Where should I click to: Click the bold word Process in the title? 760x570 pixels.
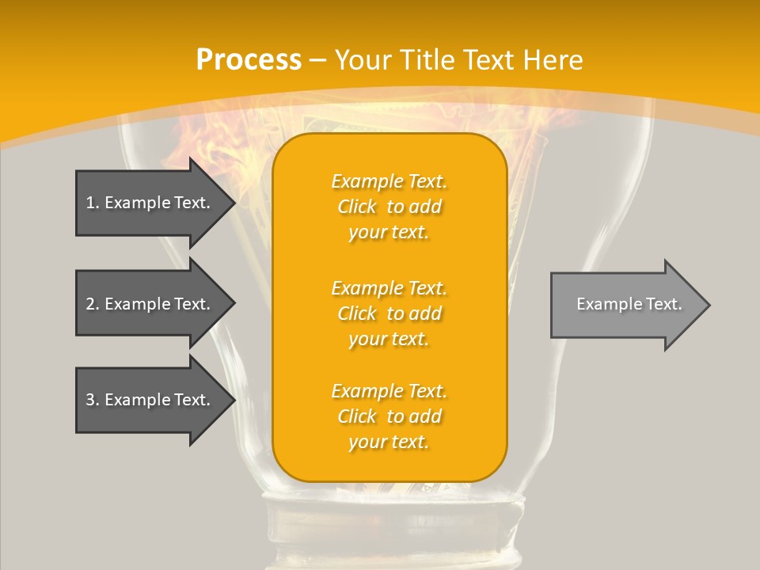249,59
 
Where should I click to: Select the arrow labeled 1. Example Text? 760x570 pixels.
150,203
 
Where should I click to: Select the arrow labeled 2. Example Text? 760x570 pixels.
150,304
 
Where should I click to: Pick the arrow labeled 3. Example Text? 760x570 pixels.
150,400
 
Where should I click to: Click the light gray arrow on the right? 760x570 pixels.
625,305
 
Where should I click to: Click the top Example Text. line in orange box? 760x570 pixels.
389,181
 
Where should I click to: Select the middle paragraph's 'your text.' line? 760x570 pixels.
389,339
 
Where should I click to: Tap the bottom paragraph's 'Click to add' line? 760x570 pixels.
389,416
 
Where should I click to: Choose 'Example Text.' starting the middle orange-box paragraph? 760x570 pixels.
389,287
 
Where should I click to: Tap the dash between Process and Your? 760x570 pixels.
317,60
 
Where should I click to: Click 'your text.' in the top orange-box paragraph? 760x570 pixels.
389,233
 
